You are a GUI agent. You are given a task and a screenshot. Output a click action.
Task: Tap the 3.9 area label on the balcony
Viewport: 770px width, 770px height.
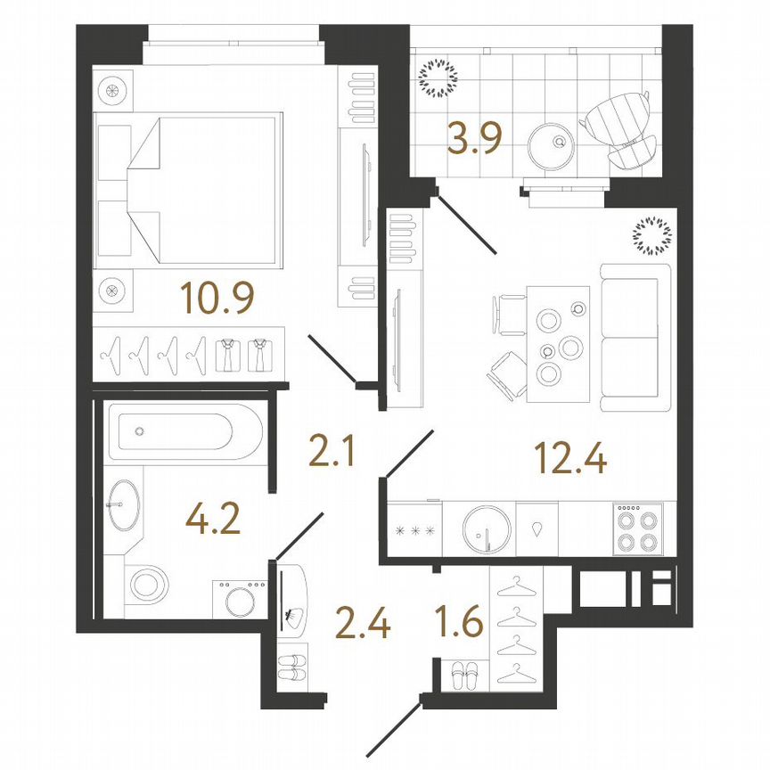(x=476, y=140)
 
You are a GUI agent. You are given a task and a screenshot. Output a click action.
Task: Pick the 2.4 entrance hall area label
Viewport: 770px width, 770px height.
(x=362, y=625)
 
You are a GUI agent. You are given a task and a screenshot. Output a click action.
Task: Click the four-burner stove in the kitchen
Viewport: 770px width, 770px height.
(x=637, y=529)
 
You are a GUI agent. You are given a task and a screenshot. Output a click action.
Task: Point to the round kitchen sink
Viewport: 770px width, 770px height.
(x=488, y=531)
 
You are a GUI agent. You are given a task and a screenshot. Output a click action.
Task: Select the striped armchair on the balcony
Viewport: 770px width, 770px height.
(x=620, y=128)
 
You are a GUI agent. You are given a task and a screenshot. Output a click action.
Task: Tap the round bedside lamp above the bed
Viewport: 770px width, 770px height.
(x=114, y=90)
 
